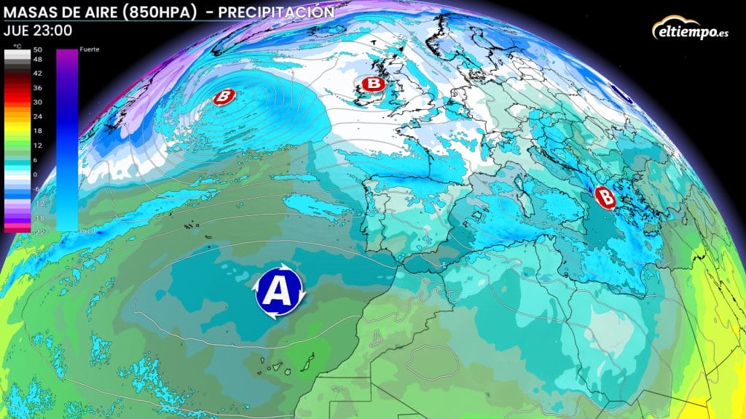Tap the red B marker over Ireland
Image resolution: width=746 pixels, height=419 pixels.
[x=372, y=85]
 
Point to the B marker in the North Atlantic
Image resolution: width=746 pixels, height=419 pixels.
[x=224, y=96]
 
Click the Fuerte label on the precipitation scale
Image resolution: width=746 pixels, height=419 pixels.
[x=90, y=49]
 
